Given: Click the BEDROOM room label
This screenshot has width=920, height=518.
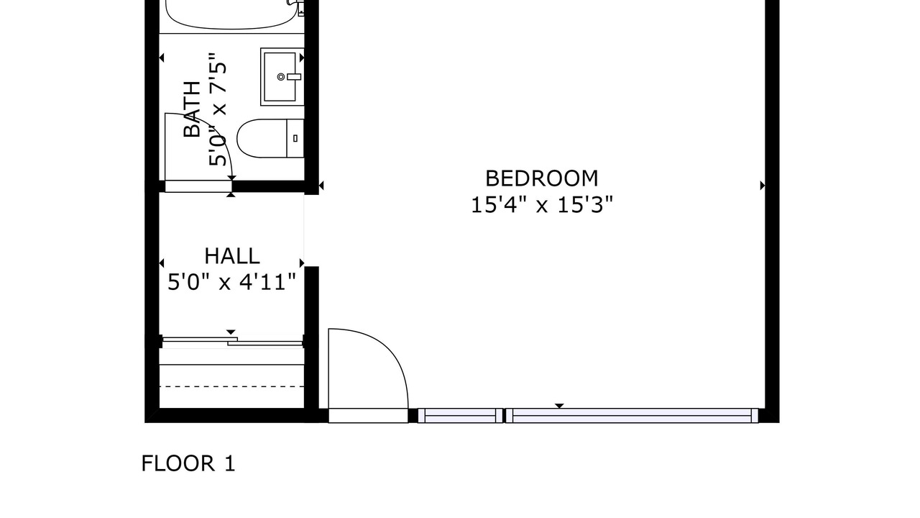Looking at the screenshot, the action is click(542, 178).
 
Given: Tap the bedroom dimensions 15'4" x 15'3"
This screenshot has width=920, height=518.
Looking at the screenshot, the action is click(542, 205).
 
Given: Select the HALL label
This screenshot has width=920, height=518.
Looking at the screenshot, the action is click(232, 256).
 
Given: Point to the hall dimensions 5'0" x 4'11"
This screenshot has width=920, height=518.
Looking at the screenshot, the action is click(231, 283).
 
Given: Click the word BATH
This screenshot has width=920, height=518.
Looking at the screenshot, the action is click(192, 109).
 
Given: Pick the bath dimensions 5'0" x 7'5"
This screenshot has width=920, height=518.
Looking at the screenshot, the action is click(217, 109).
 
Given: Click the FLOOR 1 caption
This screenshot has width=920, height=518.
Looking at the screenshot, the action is click(188, 463).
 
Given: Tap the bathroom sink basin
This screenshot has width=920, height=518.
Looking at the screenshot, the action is click(280, 76).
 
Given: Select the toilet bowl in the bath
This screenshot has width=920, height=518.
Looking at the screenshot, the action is click(262, 138).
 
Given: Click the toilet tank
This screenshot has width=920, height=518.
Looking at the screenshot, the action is click(295, 138).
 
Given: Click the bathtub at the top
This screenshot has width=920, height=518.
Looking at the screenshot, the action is click(231, 15).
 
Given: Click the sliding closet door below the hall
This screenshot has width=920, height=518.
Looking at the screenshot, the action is click(233, 341).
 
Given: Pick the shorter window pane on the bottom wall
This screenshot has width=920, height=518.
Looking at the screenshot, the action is click(461, 416).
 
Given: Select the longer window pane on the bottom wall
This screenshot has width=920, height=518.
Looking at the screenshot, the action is click(632, 416).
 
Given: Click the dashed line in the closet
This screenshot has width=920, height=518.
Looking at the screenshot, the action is click(231, 386).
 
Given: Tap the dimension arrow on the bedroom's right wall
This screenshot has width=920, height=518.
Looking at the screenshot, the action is click(763, 186).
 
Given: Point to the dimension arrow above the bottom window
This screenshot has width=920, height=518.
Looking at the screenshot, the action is click(559, 406).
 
